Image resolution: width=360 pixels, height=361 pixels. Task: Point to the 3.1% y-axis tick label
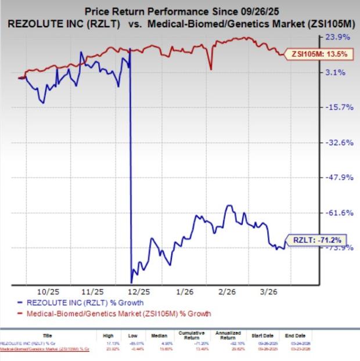click(x=340, y=73)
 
